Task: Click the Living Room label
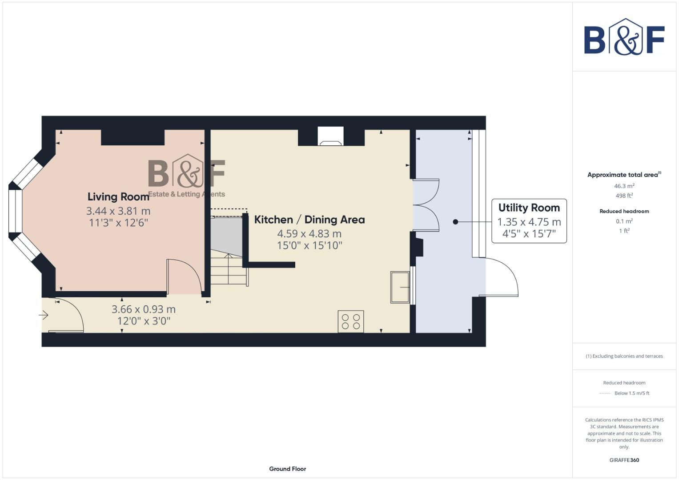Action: (118, 196)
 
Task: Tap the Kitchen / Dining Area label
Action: (309, 220)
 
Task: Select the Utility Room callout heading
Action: (529, 208)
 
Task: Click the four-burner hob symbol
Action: (351, 321)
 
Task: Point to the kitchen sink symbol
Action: (400, 287)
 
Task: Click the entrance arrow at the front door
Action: (44, 315)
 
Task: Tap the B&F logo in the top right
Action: (624, 37)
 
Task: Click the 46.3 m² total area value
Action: (624, 186)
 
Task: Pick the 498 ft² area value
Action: (624, 196)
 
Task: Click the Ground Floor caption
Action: (287, 469)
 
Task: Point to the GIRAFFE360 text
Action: (624, 460)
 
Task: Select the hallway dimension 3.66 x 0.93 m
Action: (143, 309)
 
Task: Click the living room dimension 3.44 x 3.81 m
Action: (118, 211)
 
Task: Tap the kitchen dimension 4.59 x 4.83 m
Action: (309, 233)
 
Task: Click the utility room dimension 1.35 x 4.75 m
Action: (529, 222)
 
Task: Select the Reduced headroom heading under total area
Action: (624, 211)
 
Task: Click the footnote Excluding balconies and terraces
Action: (624, 356)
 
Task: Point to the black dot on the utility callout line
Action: (455, 221)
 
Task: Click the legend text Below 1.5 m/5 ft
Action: (631, 393)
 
